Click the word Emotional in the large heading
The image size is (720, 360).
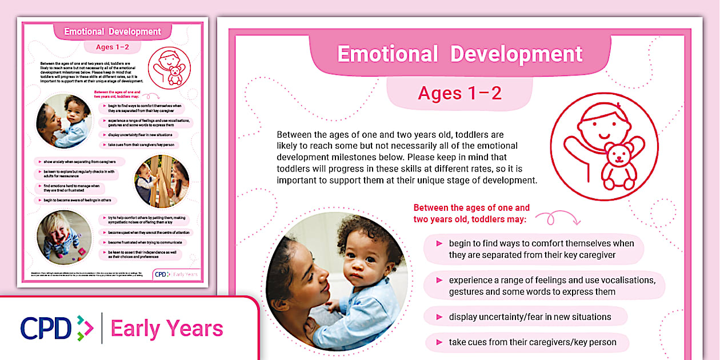pos(387,54)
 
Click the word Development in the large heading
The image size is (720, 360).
pos(517,54)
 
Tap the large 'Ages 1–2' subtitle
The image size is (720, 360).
pos(459,93)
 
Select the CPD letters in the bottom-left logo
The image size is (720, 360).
pos(46,328)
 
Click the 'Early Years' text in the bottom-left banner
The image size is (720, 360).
pos(167,329)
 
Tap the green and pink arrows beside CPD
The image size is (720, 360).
pos(85,328)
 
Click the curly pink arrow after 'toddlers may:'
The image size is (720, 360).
pos(557,218)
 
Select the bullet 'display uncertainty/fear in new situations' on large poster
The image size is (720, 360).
pos(526,317)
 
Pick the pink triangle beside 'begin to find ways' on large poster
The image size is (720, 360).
pos(439,243)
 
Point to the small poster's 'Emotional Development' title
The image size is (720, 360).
pos(113,31)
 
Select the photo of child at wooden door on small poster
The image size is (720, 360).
pos(162,181)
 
